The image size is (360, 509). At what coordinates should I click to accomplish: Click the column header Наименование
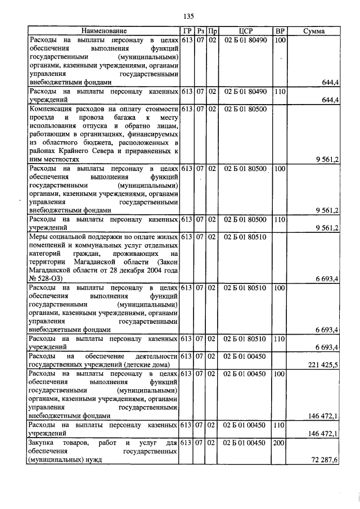(x=104, y=31)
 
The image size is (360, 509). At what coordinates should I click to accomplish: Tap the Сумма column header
(x=313, y=31)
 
